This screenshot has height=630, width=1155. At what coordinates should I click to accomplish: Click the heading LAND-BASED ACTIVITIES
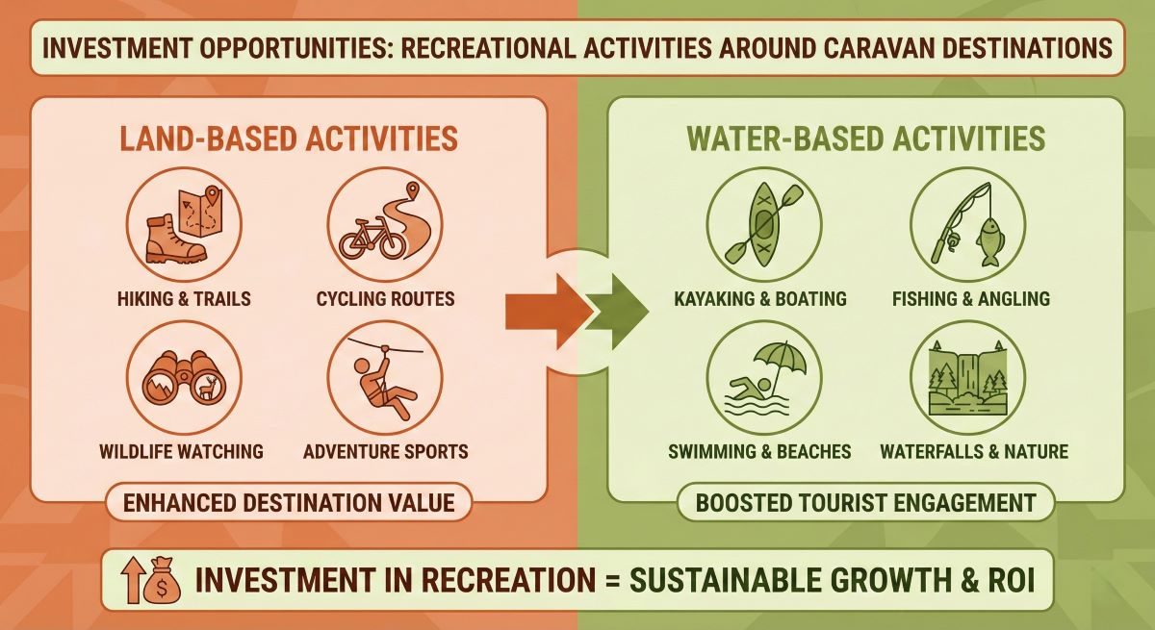coord(288,139)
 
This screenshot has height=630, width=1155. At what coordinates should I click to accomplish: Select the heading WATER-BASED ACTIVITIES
coord(865,139)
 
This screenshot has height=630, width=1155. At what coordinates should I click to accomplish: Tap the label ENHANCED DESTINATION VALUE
coord(288,502)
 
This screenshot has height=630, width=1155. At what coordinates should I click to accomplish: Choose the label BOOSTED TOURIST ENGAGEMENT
coord(865,502)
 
